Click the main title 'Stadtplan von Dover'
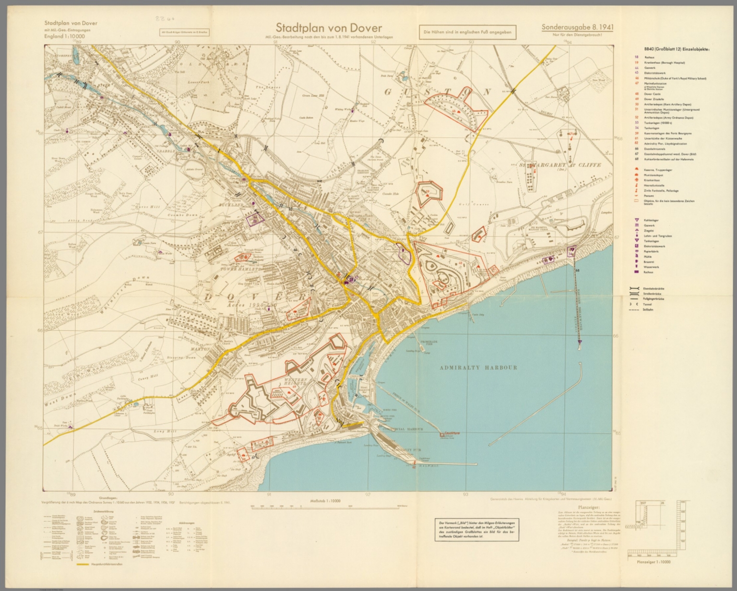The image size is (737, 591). (x=329, y=29)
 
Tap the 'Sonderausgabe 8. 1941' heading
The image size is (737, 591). (x=577, y=28)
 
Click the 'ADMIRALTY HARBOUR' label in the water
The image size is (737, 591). (x=478, y=367)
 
